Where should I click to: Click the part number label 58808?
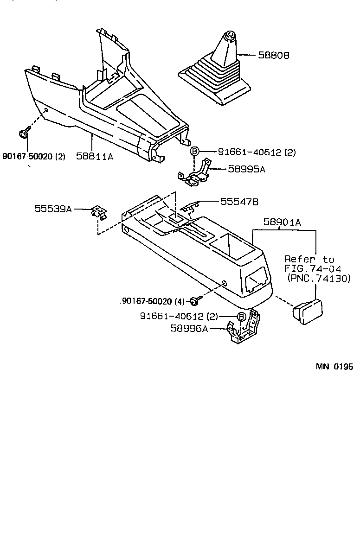tap(274, 55)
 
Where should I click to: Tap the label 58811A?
tap(95, 157)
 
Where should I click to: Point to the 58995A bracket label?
tap(246, 169)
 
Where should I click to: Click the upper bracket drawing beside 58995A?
tap(195, 174)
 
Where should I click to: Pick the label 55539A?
tap(52, 209)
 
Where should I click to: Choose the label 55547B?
tap(239, 202)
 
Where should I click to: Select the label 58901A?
tap(283, 222)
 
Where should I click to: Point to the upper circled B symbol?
tap(195, 152)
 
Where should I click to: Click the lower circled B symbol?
tap(241, 317)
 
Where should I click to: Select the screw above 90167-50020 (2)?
tap(23, 134)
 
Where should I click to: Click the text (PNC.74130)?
tap(319, 278)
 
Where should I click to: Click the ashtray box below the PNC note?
tap(306, 310)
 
